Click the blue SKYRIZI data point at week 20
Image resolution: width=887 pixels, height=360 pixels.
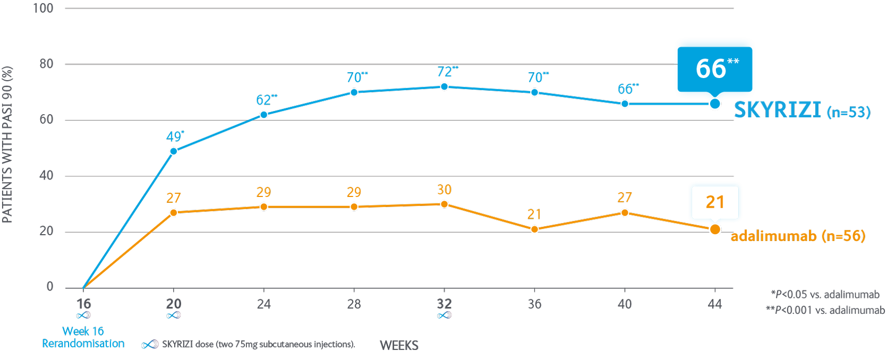173,151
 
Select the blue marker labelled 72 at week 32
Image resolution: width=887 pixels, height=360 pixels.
444,87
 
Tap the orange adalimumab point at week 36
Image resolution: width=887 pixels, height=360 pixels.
534,229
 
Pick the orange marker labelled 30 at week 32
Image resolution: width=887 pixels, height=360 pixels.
444,204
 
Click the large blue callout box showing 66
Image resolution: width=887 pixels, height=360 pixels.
714,68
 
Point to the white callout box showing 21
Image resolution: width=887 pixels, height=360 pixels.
715,202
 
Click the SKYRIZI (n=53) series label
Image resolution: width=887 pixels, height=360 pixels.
801,110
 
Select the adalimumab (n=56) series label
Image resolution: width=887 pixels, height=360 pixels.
797,236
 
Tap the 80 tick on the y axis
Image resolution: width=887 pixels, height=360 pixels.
46,64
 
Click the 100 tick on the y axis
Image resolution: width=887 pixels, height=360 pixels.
43,8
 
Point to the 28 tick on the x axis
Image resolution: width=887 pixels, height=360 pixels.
354,304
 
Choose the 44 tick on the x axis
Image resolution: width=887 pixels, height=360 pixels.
715,304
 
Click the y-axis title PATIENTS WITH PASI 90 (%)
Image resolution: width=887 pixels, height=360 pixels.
7,144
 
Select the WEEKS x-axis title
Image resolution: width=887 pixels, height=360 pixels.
399,346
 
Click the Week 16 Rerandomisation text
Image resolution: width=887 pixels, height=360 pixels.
83,337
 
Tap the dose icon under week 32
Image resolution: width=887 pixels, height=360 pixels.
444,315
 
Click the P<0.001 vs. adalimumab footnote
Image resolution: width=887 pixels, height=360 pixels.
825,310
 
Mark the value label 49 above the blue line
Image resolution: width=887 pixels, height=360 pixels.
174,136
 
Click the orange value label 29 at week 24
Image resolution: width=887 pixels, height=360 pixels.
263,192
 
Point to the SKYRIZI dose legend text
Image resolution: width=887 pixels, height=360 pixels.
258,345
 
